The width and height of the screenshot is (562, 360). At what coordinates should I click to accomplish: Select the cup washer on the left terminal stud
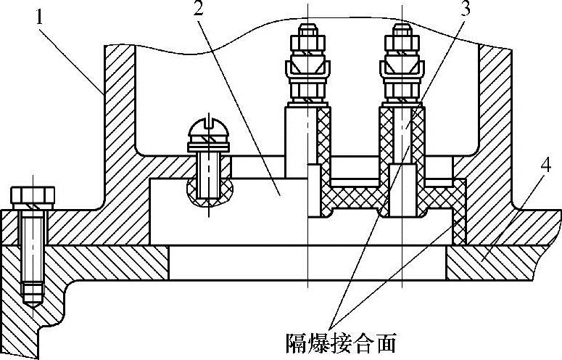click(x=308, y=71)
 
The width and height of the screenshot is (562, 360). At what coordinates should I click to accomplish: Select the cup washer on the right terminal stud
click(x=402, y=71)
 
